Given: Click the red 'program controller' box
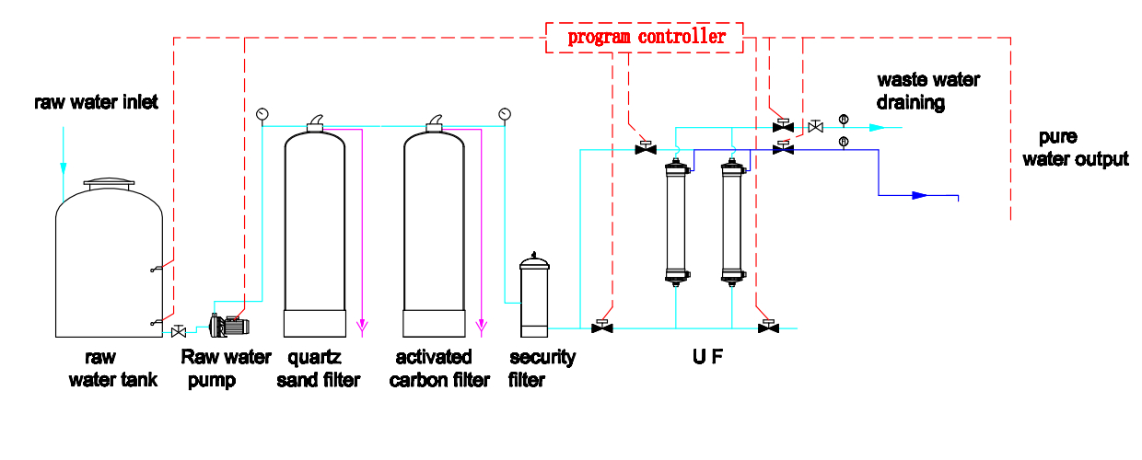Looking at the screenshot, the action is (x=645, y=37).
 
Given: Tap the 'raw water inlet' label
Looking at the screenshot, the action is (x=96, y=102).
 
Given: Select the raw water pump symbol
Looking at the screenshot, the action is (x=229, y=326).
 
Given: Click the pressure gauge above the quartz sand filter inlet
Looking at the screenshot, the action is (x=262, y=114).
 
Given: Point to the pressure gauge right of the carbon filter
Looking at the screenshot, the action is (x=505, y=114).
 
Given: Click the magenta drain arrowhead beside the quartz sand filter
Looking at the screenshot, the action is (x=362, y=326).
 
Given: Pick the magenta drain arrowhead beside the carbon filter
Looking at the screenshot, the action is (x=482, y=326).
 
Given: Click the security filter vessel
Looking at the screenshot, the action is (x=534, y=295).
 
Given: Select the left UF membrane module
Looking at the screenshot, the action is (x=676, y=222).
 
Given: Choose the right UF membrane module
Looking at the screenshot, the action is (x=732, y=222).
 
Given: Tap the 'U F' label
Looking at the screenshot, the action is (x=707, y=357).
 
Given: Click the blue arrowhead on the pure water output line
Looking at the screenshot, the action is (x=919, y=195).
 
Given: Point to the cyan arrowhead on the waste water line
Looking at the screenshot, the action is (x=877, y=127).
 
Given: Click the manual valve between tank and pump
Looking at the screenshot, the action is (x=179, y=331).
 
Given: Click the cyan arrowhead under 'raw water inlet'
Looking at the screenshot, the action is (x=64, y=168).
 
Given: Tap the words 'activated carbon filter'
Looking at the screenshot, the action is (x=439, y=368).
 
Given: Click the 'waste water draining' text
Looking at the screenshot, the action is (x=928, y=91).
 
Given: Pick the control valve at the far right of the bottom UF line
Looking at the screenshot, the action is (x=768, y=327).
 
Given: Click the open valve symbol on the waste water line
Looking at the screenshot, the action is (x=816, y=126).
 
